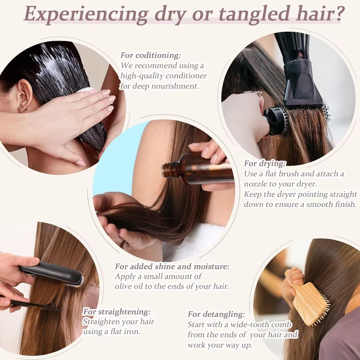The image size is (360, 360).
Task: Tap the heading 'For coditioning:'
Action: (151, 55)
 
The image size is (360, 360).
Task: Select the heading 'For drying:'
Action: (265, 164)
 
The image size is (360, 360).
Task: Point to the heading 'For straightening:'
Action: (117, 312)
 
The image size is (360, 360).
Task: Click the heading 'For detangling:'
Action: (216, 314)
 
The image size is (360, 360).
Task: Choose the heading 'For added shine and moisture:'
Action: (172, 266)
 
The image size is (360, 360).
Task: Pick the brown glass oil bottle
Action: (200, 170)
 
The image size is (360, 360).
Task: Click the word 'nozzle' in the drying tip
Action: (255, 184)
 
